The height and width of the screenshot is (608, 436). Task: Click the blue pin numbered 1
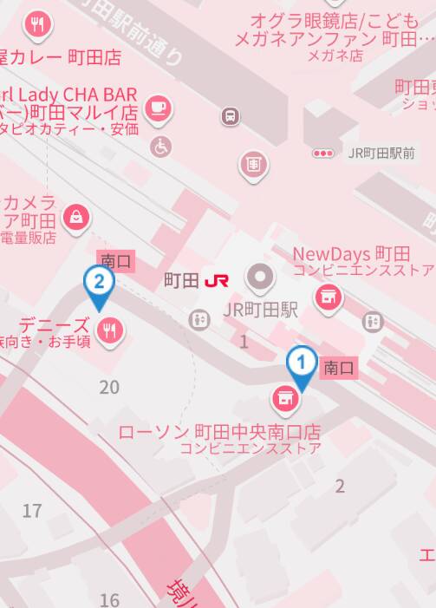(301, 363)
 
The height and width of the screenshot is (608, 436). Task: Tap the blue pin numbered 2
(99, 283)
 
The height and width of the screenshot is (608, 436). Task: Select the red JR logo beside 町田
(217, 281)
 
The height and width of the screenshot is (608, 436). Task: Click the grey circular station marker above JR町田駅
(259, 278)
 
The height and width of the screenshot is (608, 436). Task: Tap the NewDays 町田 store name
(350, 254)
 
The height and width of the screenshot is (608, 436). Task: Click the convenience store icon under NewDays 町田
(329, 298)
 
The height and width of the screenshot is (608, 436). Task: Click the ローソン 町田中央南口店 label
(219, 431)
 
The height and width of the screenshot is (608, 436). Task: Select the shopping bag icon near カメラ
(77, 216)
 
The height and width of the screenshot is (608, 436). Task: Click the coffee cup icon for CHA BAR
(159, 108)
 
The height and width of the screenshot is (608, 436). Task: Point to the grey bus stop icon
(230, 115)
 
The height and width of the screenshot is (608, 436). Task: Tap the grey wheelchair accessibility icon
(160, 146)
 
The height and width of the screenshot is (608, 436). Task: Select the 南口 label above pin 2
(116, 259)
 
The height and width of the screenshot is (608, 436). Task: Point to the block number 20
(109, 387)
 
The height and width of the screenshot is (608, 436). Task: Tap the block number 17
(32, 511)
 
